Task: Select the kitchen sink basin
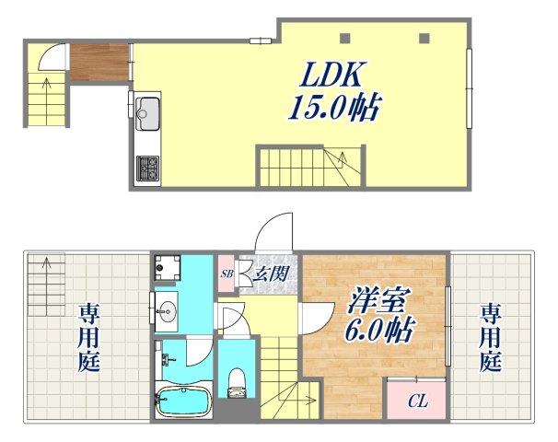click(x=147, y=117)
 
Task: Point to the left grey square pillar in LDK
click(x=346, y=39)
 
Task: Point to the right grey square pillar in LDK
click(x=424, y=39)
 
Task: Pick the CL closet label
click(x=416, y=401)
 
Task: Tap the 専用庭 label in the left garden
click(x=88, y=336)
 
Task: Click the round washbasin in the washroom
click(x=167, y=308)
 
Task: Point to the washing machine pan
click(x=167, y=267)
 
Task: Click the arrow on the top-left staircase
click(x=45, y=87)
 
